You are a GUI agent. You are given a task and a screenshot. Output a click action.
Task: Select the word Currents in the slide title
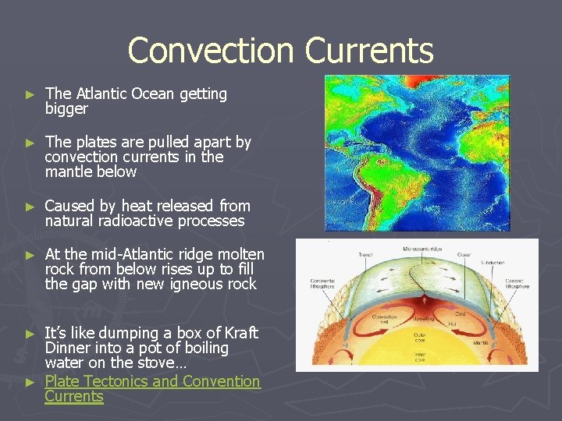coord(369,51)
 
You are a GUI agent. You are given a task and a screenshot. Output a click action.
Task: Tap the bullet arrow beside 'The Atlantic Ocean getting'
coord(30,94)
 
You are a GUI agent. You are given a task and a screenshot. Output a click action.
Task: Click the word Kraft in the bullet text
coord(239,333)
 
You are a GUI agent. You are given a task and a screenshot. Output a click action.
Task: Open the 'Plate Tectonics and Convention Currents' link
coord(152,381)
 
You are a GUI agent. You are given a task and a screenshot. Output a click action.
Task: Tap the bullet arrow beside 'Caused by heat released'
coord(30,207)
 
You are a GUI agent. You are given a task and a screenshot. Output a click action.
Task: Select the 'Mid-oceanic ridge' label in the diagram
coord(429,248)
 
